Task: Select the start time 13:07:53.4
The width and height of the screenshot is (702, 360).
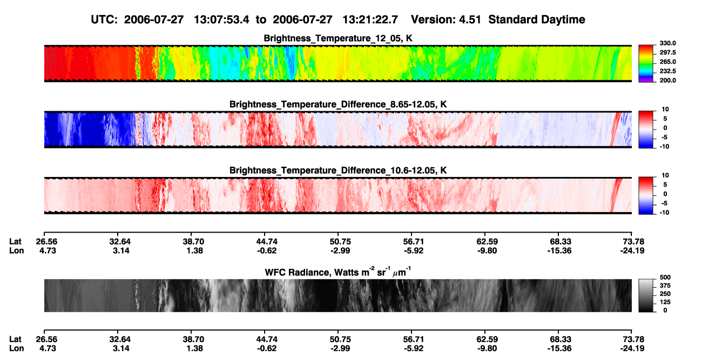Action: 221,20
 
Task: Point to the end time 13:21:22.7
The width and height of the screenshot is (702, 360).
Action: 370,20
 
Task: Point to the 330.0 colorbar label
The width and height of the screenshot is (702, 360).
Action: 667,43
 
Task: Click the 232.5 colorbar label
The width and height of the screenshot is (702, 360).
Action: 667,71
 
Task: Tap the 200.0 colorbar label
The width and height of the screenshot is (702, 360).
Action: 667,80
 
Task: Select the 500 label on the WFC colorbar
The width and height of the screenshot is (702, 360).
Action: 665,277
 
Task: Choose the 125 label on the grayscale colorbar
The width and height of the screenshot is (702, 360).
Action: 665,302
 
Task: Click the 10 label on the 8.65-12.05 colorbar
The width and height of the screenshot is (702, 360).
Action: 665,110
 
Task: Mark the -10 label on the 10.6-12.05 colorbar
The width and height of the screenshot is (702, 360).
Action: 664,213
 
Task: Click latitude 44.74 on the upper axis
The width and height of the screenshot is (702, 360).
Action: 267,242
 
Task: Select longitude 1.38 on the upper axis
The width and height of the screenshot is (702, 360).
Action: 194,250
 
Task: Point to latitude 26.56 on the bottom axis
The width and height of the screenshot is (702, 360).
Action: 46,339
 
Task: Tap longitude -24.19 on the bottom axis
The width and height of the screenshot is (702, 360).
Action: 632,349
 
